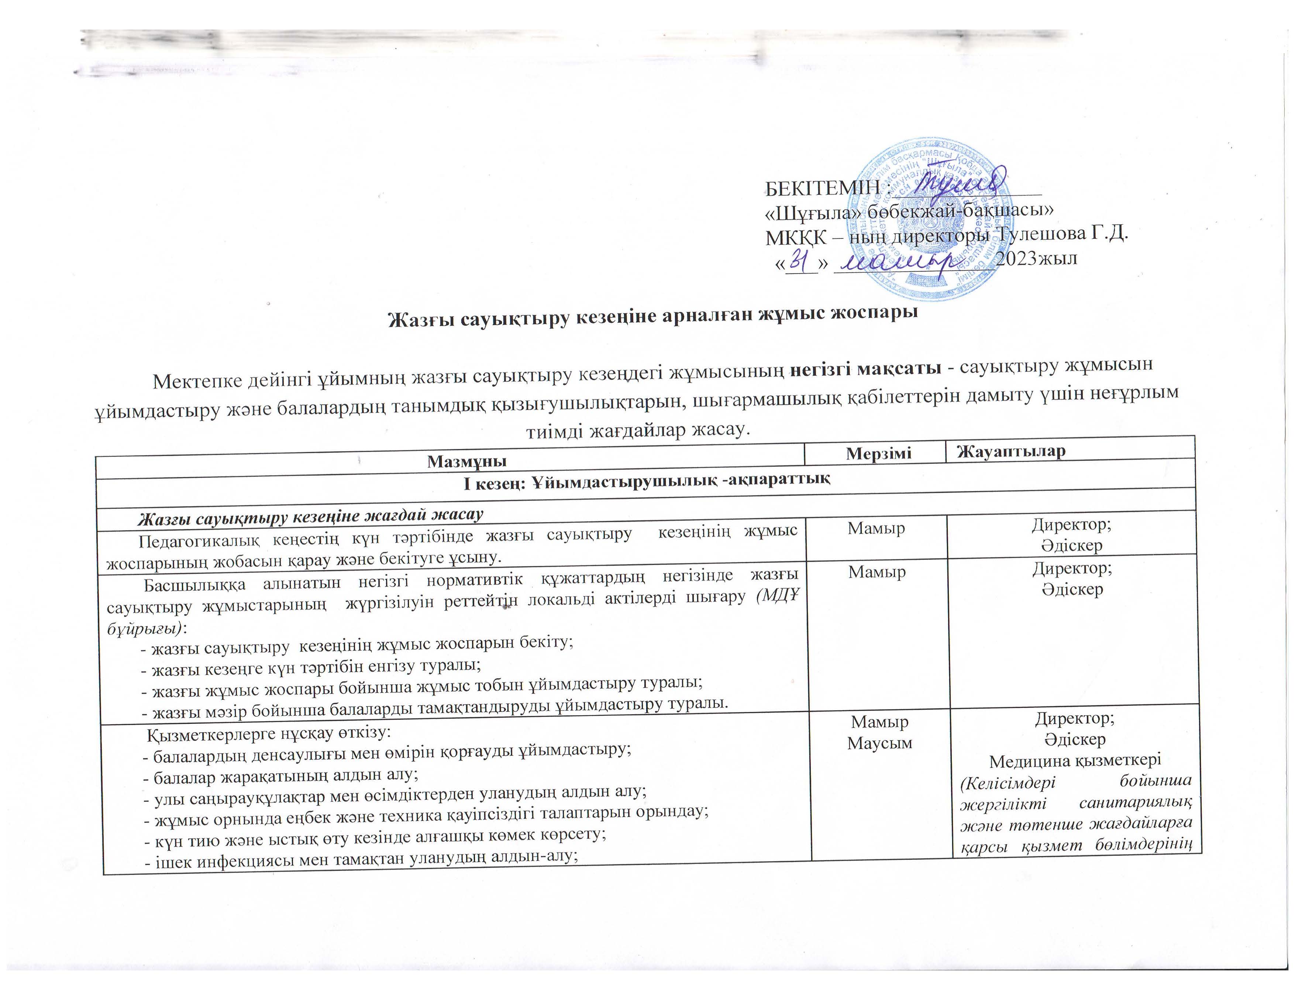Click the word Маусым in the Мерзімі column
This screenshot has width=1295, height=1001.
(879, 743)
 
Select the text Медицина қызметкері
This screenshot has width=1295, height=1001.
(1074, 760)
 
